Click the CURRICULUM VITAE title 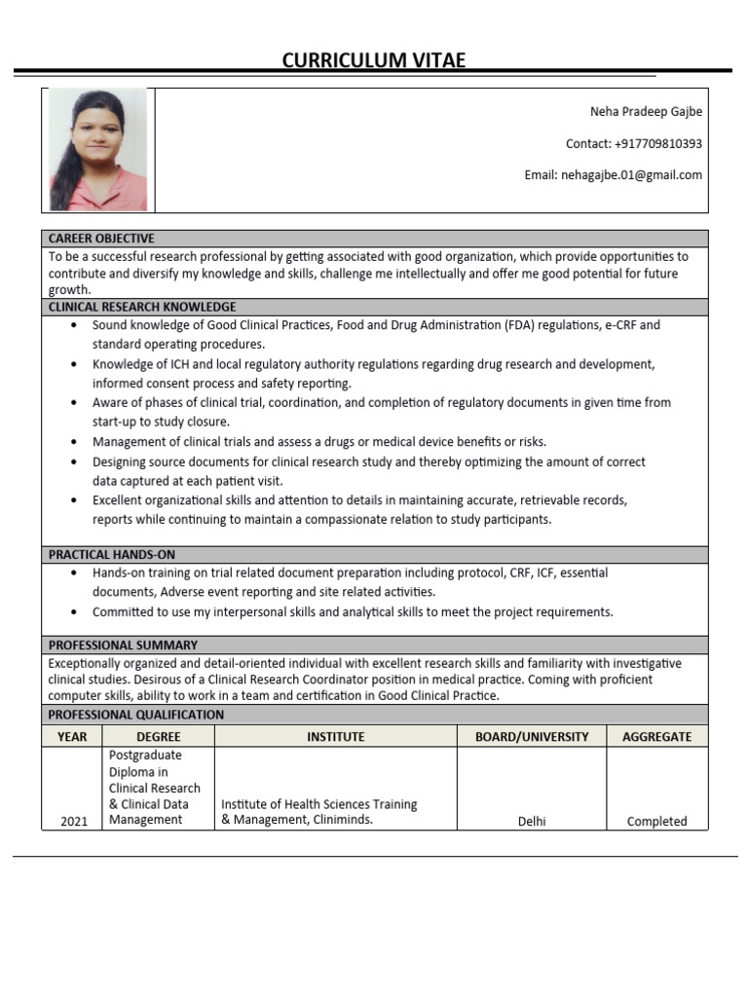coord(374,60)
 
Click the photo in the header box coord(97,150)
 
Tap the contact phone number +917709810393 coord(658,143)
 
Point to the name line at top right coord(646,111)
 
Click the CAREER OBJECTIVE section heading coord(101,239)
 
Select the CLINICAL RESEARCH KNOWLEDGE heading coord(142,307)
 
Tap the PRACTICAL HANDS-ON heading coord(112,554)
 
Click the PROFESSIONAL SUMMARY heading coord(123,645)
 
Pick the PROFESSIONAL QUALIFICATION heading coord(136,715)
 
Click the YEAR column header coord(72,737)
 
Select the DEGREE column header coord(158,737)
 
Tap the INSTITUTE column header coord(335,737)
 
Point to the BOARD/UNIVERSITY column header coord(532,737)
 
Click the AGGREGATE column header coord(656,737)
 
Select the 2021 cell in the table coord(74,821)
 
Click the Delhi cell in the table coord(532,821)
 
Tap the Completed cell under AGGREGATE coord(656,821)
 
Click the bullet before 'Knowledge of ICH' coord(75,364)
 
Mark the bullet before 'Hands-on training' coord(75,573)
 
